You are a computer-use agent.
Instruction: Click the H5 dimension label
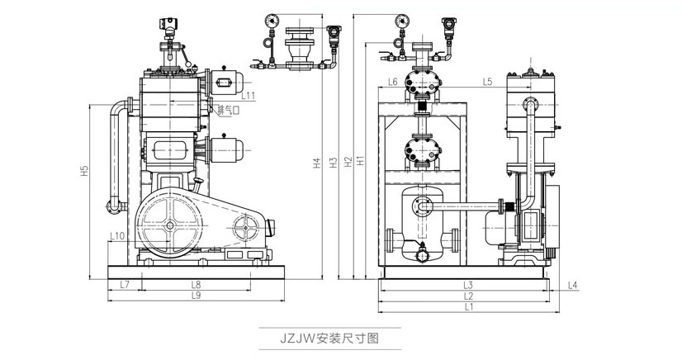point(85,173)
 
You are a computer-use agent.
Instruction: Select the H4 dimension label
point(317,163)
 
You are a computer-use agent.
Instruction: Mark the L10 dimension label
point(117,236)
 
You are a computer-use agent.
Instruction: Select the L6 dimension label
point(393,81)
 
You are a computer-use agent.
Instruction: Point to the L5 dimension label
point(487,81)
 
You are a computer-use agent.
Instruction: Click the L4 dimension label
point(573,285)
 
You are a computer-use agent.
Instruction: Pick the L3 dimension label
point(467,285)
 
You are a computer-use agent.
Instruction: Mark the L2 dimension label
point(467,296)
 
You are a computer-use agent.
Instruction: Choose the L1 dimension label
point(467,307)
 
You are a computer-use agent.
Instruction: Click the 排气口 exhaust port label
point(228,110)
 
